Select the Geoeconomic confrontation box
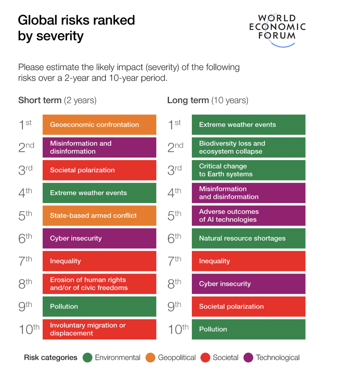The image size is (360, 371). tap(99, 125)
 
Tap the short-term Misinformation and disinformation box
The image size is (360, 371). tap(99, 147)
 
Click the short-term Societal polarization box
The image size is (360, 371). tap(99, 170)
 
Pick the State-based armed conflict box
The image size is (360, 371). tap(99, 216)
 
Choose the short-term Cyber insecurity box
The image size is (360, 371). tap(99, 238)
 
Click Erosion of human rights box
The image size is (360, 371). tap(99, 284)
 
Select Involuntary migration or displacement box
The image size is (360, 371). tap(99, 329)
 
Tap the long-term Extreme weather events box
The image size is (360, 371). tap(248, 125)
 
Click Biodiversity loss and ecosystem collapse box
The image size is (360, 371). tap(248, 147)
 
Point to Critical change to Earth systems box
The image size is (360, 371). tap(248, 170)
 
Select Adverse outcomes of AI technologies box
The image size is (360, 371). tap(248, 216)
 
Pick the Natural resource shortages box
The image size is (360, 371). tap(248, 238)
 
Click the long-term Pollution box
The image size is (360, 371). tap(248, 329)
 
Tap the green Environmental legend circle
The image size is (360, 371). tap(87, 357)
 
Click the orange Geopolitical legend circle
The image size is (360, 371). tap(150, 357)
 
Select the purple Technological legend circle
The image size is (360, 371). tap(248, 357)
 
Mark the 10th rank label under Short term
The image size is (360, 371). tap(29, 329)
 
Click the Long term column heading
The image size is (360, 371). tap(207, 100)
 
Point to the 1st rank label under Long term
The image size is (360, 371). tap(175, 125)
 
